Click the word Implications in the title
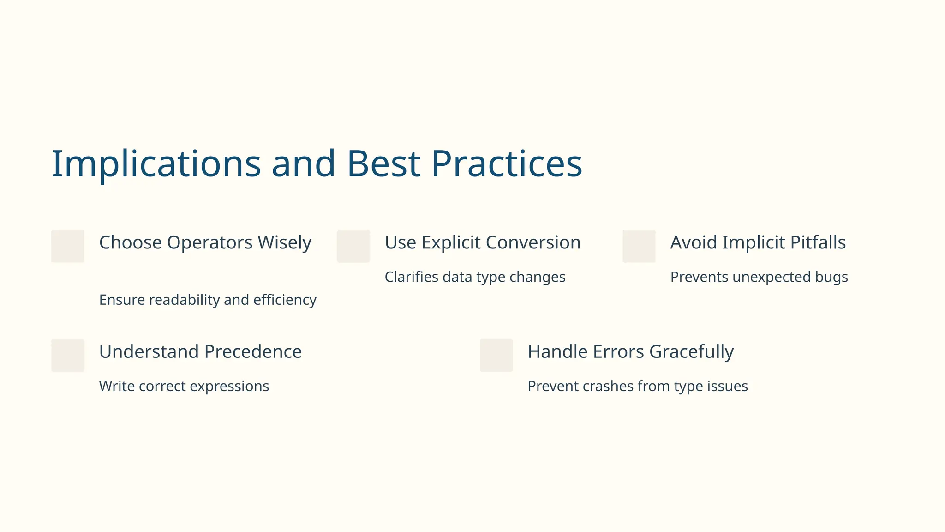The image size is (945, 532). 156,164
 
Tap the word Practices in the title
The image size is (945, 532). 506,164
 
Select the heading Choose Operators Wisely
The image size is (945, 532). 205,242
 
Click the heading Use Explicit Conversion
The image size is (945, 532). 482,242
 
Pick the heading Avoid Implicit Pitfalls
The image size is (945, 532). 758,242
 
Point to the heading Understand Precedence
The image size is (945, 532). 200,352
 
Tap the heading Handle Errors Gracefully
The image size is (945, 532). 630,352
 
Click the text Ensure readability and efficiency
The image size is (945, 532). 208,300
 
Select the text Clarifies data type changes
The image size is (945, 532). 475,277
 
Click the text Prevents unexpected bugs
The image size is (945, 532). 759,277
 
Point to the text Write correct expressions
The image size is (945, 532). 184,386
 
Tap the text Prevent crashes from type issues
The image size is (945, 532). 637,386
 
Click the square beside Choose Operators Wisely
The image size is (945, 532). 68,246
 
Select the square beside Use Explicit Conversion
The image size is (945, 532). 353,246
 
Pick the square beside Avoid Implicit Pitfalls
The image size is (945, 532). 639,246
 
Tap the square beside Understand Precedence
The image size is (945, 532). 68,355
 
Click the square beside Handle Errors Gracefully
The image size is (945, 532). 496,355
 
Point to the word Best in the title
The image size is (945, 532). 383,164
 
